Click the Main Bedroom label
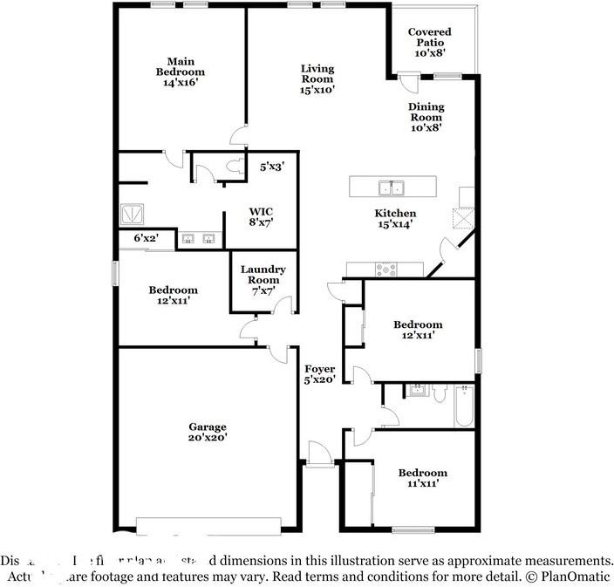(181, 72)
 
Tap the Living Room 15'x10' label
(317, 78)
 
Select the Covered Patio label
(429, 42)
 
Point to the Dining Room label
(426, 116)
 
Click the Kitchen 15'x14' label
(395, 218)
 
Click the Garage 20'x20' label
(208, 433)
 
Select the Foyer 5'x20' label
(319, 375)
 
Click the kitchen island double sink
(391, 188)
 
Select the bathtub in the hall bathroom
(463, 406)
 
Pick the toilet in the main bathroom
(233, 165)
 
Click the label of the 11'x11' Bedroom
(422, 478)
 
